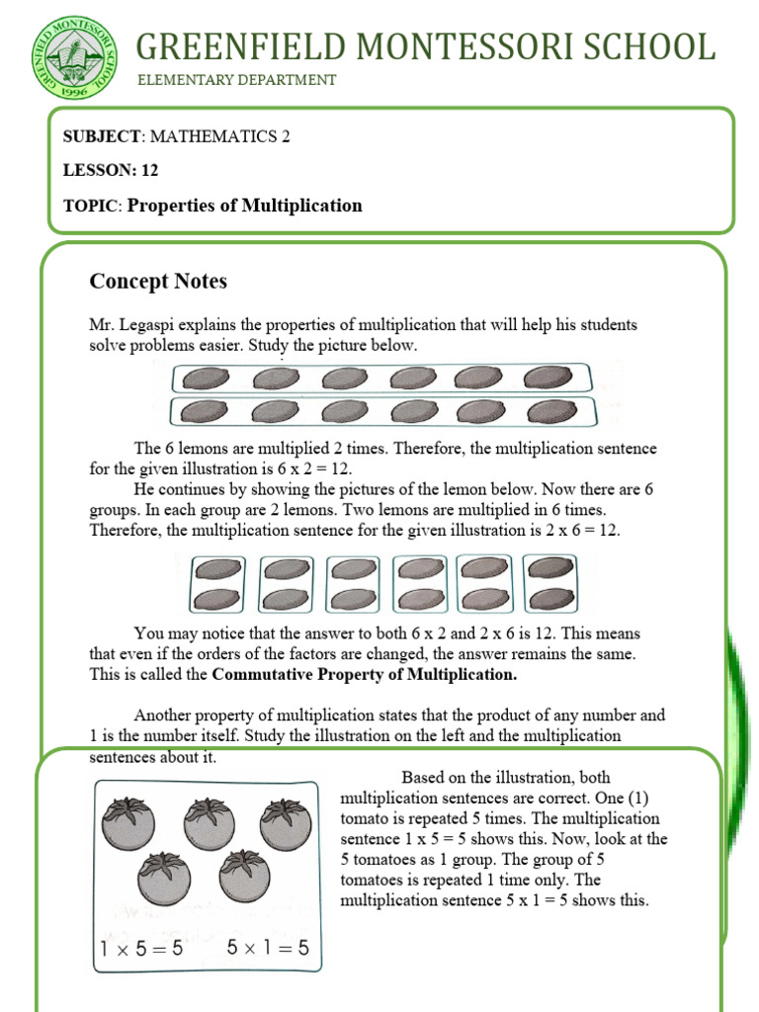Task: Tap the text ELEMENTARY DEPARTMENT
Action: click(x=236, y=80)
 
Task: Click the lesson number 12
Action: click(x=149, y=170)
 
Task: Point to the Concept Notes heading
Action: click(x=158, y=282)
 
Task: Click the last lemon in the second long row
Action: click(x=548, y=411)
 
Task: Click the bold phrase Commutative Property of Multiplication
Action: click(x=365, y=676)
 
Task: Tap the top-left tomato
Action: click(x=128, y=823)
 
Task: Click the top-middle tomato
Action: click(x=208, y=823)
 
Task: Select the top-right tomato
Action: click(x=286, y=823)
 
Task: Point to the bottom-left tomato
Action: click(x=163, y=876)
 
